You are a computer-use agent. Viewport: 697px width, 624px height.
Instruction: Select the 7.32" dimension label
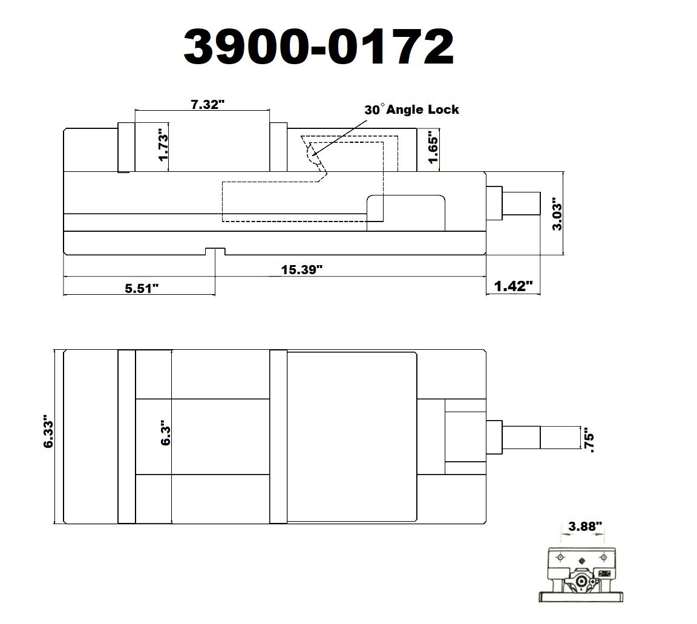[208, 104]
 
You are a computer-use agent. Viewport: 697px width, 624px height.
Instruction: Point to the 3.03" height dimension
[557, 212]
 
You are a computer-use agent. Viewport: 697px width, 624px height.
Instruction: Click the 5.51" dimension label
[142, 287]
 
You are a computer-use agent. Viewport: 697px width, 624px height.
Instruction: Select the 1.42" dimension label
[513, 287]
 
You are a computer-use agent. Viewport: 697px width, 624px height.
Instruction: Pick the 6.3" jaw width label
[165, 435]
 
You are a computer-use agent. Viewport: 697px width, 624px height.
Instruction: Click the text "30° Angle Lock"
[411, 110]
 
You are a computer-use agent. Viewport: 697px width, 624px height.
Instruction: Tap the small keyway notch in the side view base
[215, 251]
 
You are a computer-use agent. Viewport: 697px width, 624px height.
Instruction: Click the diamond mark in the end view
[581, 560]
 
